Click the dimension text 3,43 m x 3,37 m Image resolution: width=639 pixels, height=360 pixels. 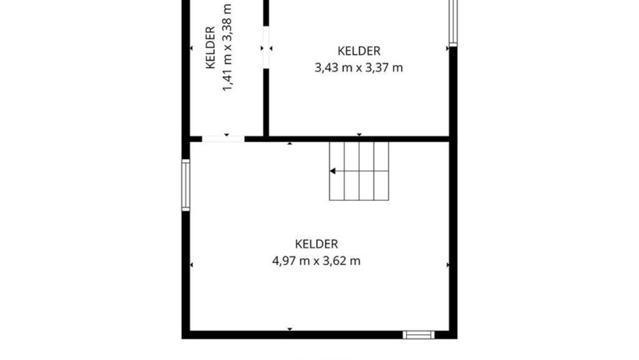tap(359, 68)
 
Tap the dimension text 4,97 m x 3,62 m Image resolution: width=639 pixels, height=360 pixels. tap(316, 261)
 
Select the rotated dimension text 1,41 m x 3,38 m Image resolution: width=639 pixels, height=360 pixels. tap(227, 47)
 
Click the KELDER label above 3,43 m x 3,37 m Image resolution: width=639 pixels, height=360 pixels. tap(359, 51)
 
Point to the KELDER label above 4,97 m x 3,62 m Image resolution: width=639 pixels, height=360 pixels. tap(316, 244)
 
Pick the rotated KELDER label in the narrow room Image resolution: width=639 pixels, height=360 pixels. tap(210, 47)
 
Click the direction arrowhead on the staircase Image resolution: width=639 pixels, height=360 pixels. tap(333, 171)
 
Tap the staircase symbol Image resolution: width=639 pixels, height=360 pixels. tap(359, 171)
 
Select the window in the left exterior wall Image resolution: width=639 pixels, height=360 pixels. tap(186, 185)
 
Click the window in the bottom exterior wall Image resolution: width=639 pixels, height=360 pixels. tap(419, 335)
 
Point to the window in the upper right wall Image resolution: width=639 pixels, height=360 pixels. tap(453, 22)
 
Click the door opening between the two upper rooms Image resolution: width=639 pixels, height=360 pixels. tap(266, 47)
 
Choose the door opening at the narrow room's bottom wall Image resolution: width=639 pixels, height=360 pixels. tap(224, 139)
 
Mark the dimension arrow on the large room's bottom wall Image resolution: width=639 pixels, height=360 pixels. tap(290, 328)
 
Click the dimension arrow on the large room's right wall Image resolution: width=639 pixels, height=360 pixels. tap(448, 265)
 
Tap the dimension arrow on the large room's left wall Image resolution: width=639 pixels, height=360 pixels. tap(191, 265)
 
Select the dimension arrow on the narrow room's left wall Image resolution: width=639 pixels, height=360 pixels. tap(191, 48)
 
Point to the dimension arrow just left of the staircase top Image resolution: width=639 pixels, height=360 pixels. tap(290, 143)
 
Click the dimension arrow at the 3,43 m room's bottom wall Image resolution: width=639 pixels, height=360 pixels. tap(359, 135)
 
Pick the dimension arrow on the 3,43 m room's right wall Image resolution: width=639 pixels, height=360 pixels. tap(448, 49)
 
